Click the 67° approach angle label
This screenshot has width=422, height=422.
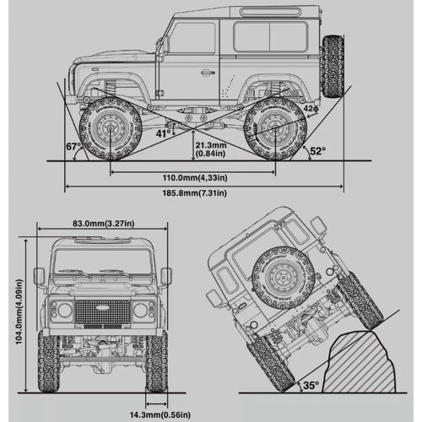pyautogui.click(x=73, y=147)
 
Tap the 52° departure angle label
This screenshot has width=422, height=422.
pyautogui.click(x=318, y=151)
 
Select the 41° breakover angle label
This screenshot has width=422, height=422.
pyautogui.click(x=164, y=133)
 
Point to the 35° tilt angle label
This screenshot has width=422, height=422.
pyautogui.click(x=311, y=385)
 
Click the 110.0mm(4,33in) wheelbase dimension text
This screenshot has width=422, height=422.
pyautogui.click(x=195, y=178)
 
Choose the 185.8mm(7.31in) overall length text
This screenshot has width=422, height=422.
pyautogui.click(x=195, y=193)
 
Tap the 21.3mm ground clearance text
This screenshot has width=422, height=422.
pyautogui.click(x=211, y=145)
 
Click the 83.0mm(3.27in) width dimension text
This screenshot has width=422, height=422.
pyautogui.click(x=104, y=224)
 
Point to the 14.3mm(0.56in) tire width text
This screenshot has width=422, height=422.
pyautogui.click(x=160, y=414)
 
